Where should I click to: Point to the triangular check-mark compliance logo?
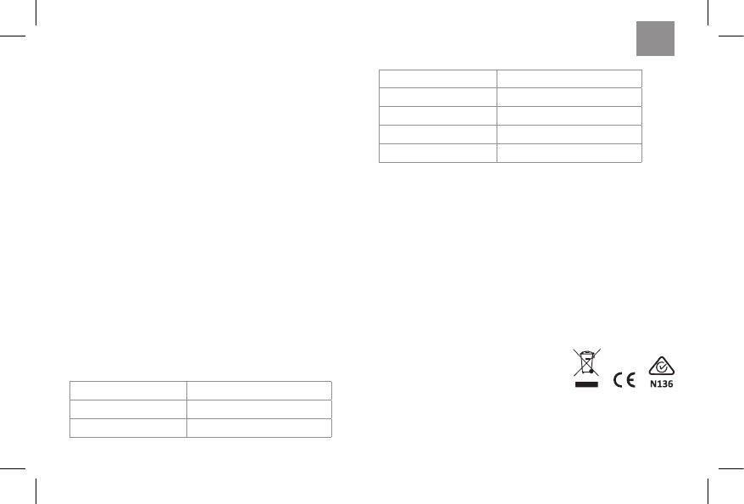tap(660, 365)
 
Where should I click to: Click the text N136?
tap(661, 383)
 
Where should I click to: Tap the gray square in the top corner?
tap(656, 38)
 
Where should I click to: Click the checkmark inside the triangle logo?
tap(660, 367)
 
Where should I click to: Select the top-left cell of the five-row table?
tap(437, 78)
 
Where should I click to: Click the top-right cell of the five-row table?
tap(569, 78)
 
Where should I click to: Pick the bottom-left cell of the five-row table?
tap(437, 153)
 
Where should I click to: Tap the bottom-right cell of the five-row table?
tap(569, 153)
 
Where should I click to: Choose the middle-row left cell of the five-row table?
tap(437, 115)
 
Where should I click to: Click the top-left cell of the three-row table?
tap(127, 390)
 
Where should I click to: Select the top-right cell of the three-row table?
tap(258, 390)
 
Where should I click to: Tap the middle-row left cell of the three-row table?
tap(127, 409)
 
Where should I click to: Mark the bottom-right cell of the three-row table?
tap(258, 428)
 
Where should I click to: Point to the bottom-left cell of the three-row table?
tap(127, 428)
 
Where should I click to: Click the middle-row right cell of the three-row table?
tap(258, 409)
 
